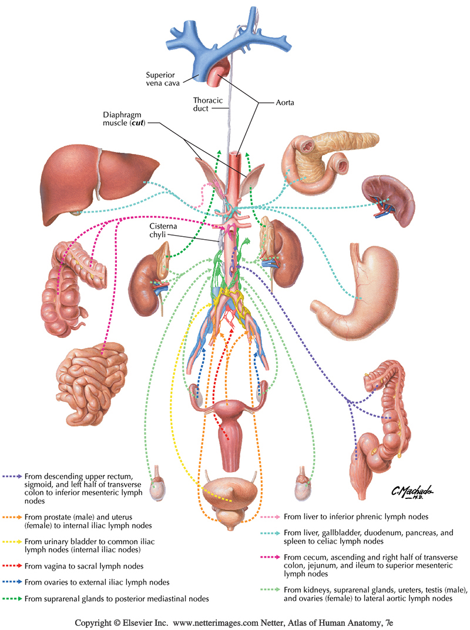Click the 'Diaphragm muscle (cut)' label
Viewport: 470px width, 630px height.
point(133,120)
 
